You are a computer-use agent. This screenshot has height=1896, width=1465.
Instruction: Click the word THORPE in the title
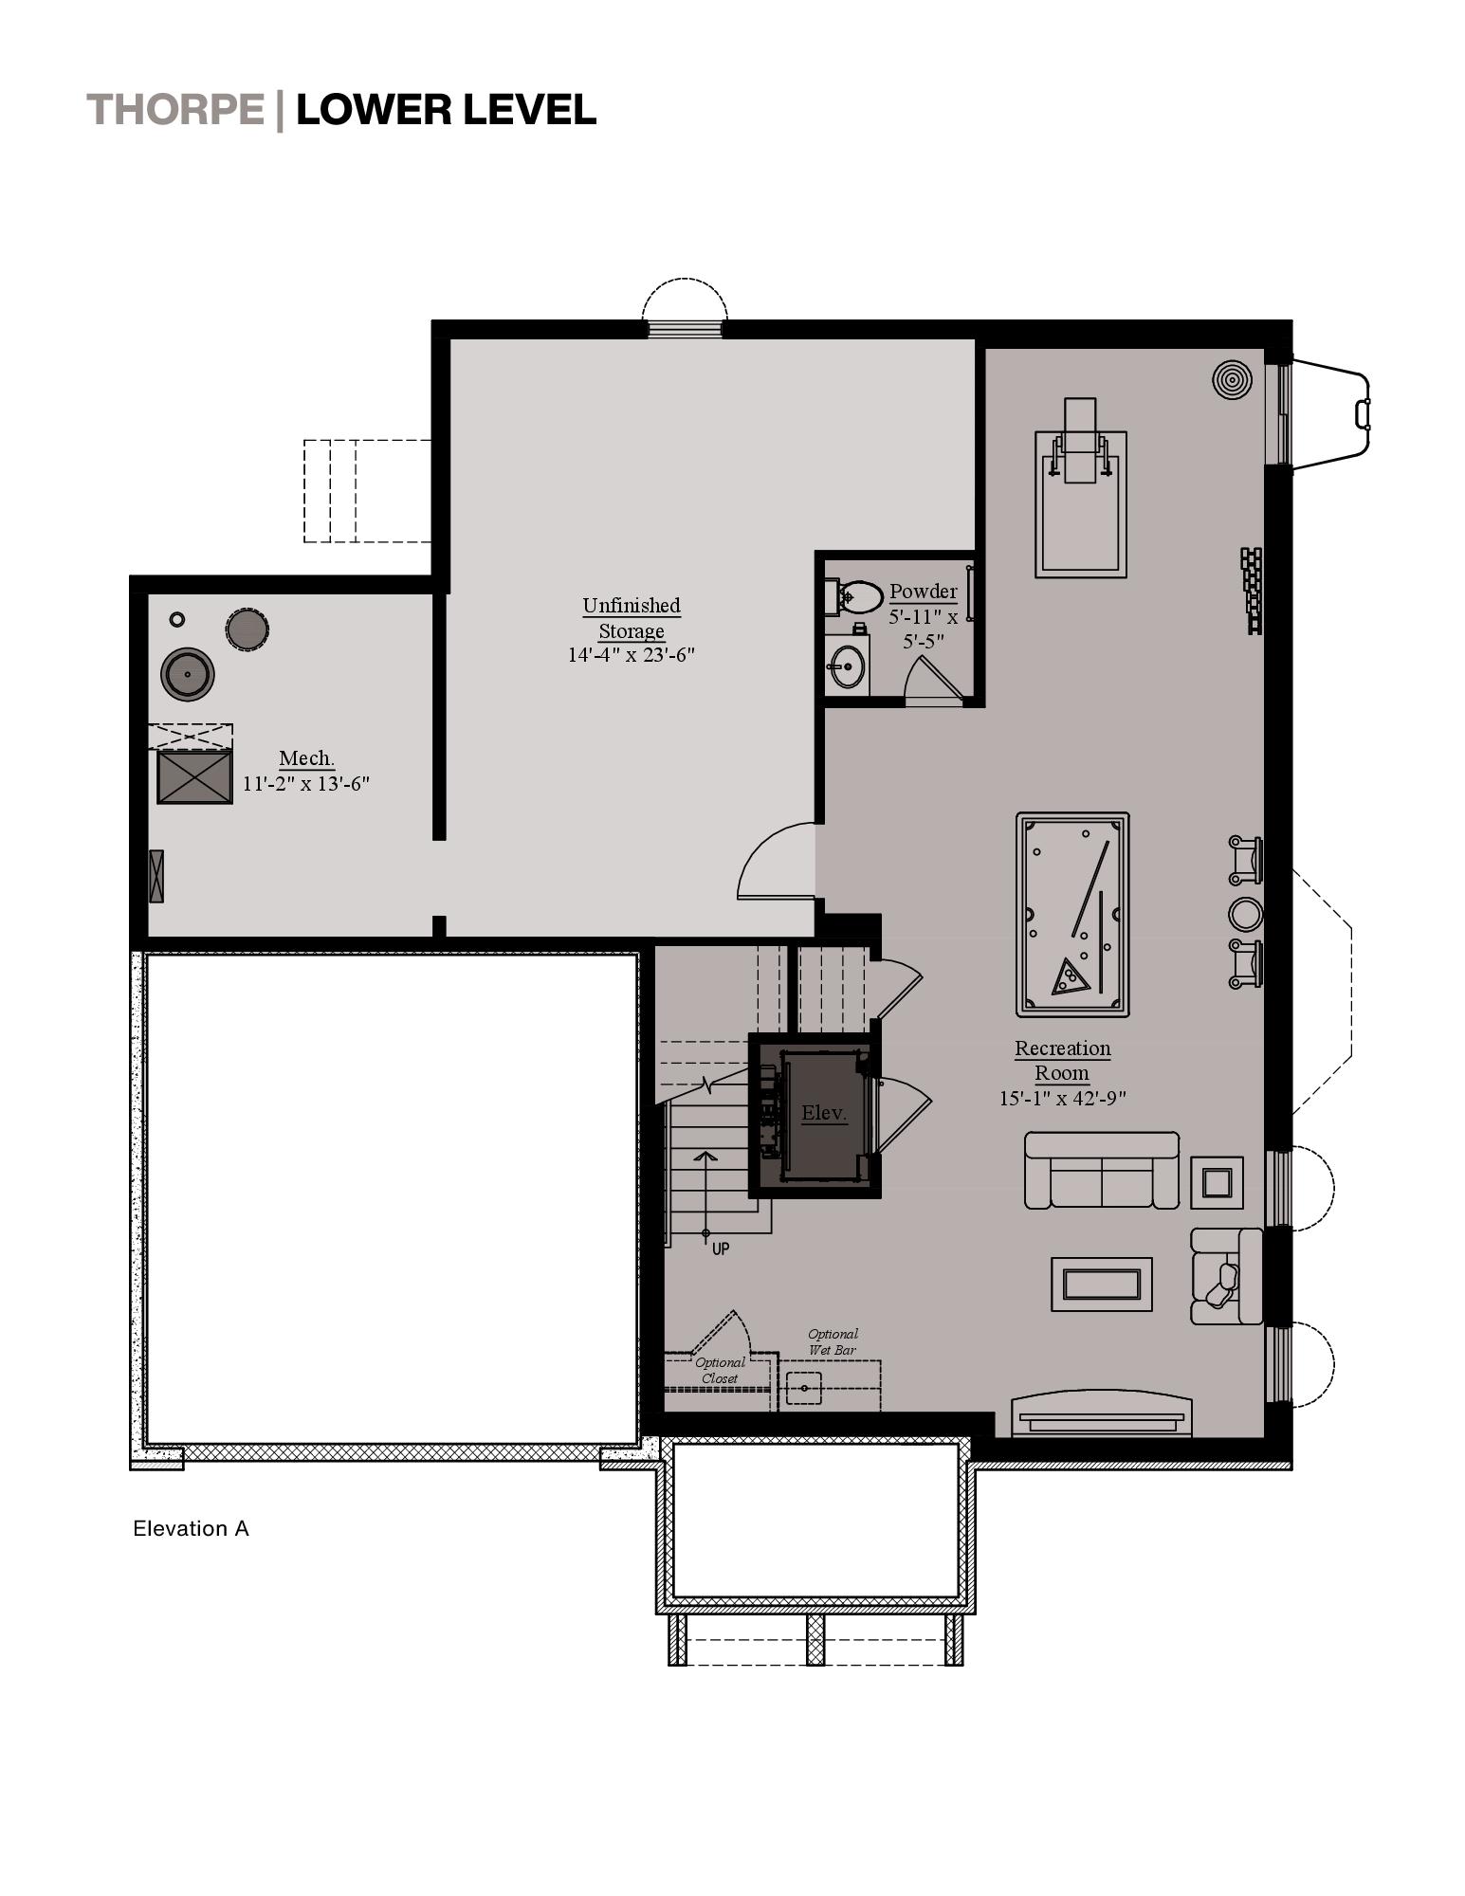point(175,110)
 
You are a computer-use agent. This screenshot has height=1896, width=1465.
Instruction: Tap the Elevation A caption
point(191,1528)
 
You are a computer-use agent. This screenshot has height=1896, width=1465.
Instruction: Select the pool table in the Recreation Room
point(1072,914)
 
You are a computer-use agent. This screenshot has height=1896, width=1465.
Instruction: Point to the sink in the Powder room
point(846,666)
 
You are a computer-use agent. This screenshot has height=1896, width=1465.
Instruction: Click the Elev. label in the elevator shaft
point(823,1113)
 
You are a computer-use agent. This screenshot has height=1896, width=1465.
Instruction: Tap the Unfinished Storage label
point(632,617)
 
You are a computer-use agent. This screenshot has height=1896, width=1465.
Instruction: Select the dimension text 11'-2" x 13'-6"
point(305,784)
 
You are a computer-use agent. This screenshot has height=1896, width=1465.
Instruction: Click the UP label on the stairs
point(721,1249)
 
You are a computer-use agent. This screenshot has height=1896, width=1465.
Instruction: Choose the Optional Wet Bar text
point(833,1341)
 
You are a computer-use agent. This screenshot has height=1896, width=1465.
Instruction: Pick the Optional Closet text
point(720,1371)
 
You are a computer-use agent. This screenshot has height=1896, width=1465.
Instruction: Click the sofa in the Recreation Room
point(1101,1172)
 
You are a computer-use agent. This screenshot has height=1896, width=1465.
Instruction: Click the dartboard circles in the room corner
point(1231,379)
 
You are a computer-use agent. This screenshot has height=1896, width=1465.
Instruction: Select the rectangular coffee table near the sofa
point(1101,1285)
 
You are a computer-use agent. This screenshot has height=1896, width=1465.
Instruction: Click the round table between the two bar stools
point(1245,914)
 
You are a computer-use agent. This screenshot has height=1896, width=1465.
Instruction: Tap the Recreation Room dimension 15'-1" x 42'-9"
point(1062,1099)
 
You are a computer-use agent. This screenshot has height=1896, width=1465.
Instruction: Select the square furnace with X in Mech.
point(194,776)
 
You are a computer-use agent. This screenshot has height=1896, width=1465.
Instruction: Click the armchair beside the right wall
point(1223,1277)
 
